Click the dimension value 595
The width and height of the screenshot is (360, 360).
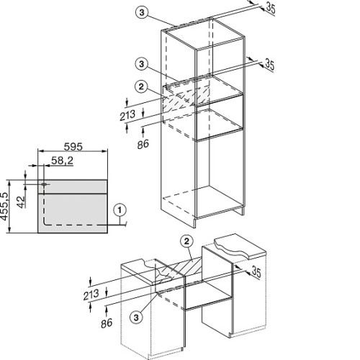tap(73, 146)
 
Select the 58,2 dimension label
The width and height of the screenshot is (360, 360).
tap(63, 161)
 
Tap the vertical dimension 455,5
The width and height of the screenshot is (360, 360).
tap(4, 207)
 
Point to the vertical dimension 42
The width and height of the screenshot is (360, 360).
tap(21, 202)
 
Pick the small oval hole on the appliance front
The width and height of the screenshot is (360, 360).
tap(44, 184)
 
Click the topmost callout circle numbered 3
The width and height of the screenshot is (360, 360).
tap(142, 12)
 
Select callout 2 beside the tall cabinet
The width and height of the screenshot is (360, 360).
tap(141, 86)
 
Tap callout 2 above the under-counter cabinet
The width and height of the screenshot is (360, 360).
tap(187, 242)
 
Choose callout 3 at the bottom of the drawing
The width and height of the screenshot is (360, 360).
tap(136, 318)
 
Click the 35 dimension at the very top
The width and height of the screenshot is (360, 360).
tap(270, 9)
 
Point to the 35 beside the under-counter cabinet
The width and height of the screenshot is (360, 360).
tap(256, 272)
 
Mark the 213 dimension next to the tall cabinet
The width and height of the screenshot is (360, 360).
tap(127, 115)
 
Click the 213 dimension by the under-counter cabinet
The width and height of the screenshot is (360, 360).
tap(91, 294)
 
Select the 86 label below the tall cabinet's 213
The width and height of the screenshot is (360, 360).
tap(143, 144)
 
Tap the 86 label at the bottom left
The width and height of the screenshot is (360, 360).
tap(107, 323)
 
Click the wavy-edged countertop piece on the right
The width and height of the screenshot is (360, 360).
tap(240, 247)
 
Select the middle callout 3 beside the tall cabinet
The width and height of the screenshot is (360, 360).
tap(142, 64)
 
